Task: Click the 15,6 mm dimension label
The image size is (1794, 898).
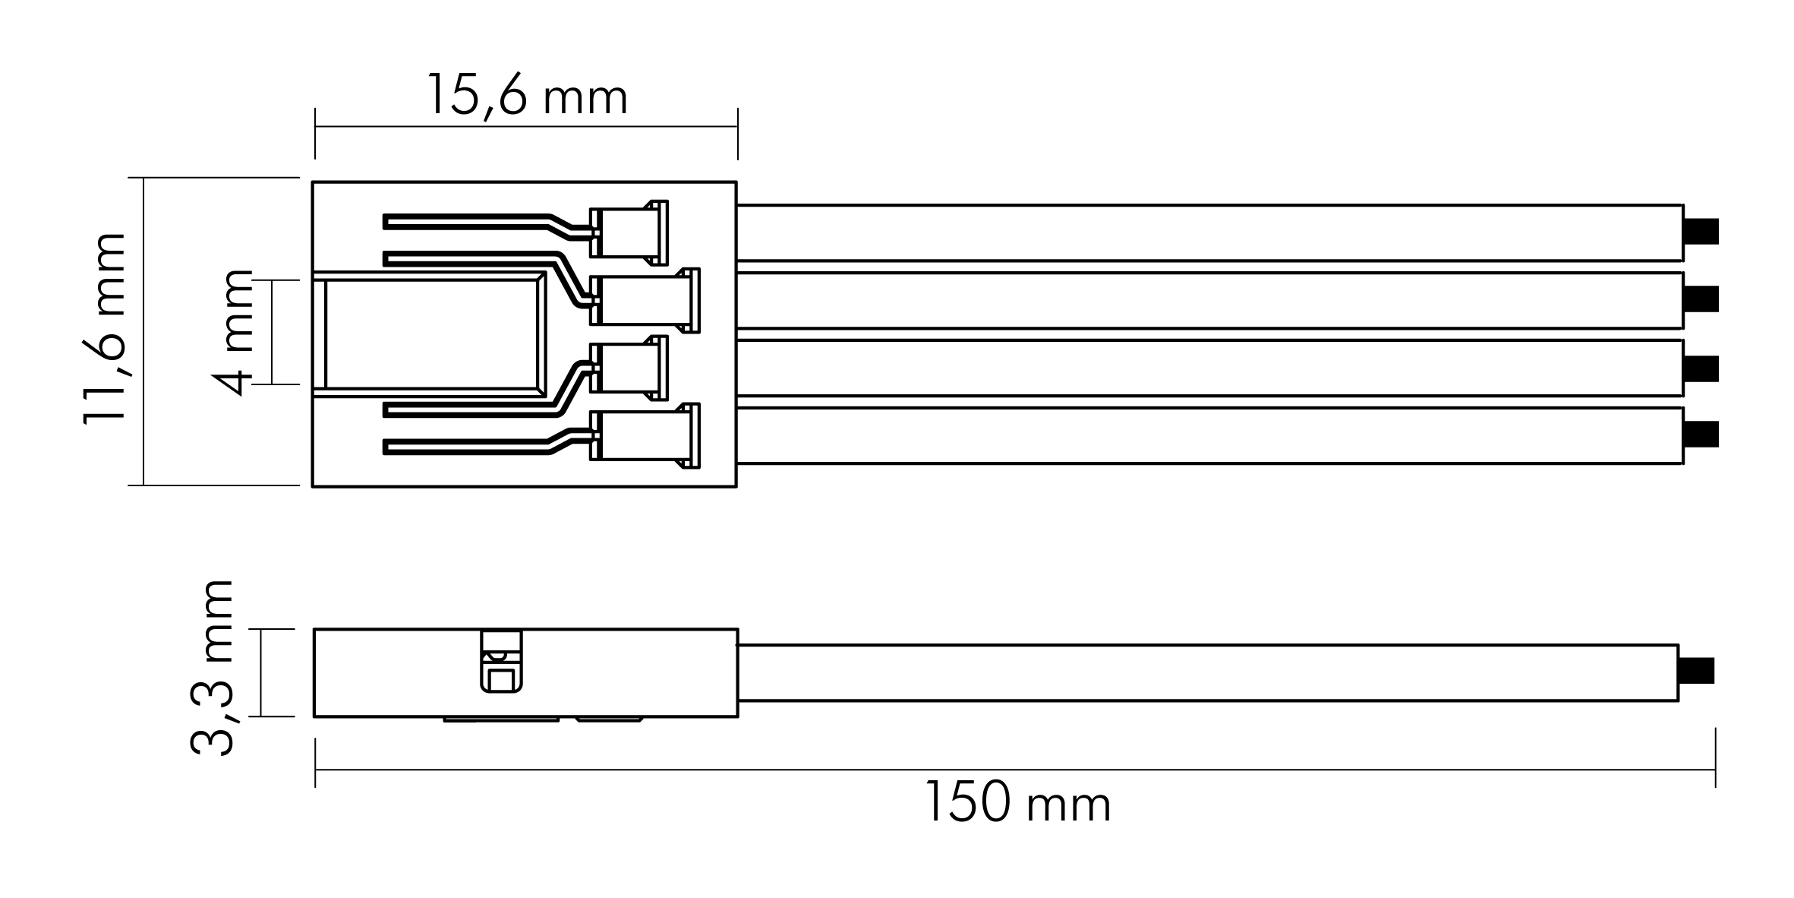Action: [x=528, y=96]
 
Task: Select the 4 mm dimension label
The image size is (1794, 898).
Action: [x=231, y=332]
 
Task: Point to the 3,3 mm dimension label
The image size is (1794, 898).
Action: [x=210, y=668]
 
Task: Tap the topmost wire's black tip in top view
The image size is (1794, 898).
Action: [x=1701, y=232]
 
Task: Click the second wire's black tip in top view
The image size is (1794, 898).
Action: [x=1701, y=299]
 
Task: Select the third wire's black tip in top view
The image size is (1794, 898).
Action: [x=1701, y=368]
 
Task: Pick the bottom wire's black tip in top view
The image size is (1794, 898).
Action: [x=1701, y=435]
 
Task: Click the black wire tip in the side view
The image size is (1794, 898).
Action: [x=1696, y=671]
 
